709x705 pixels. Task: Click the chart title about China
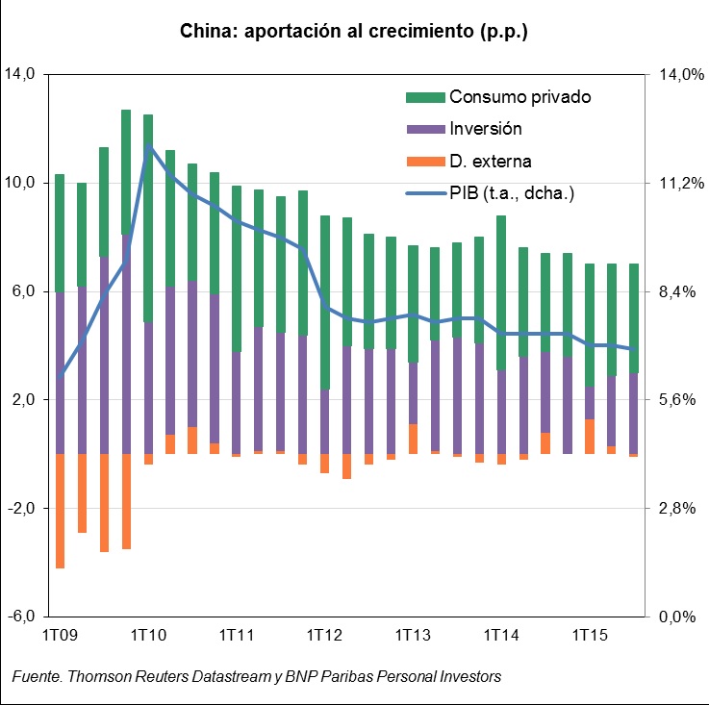[x=354, y=32]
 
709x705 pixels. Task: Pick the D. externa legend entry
[x=490, y=161]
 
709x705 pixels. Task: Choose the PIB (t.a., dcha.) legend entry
[x=511, y=193]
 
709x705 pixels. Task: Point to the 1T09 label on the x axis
[x=59, y=636]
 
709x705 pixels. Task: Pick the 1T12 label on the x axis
[x=324, y=636]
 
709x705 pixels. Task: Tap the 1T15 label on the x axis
[x=590, y=636]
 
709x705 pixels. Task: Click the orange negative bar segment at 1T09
[x=60, y=511]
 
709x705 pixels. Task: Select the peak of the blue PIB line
[x=149, y=147]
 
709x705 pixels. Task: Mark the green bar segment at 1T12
[x=325, y=302]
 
